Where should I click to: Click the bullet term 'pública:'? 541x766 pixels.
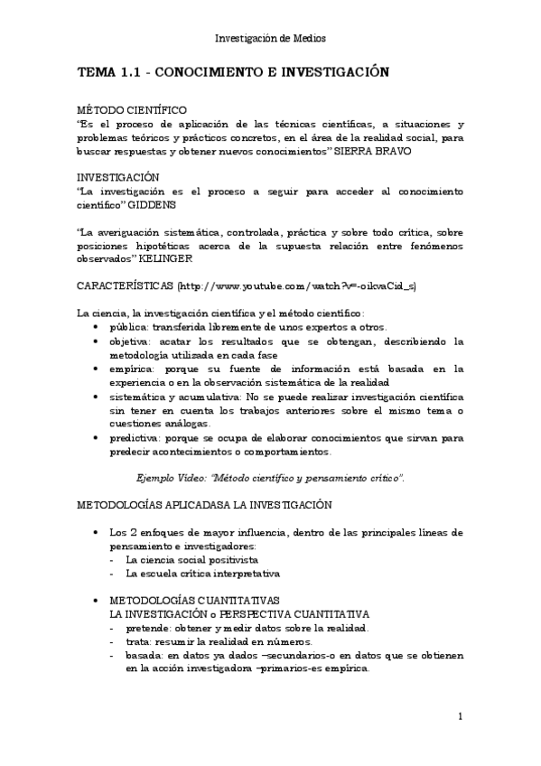point(130,327)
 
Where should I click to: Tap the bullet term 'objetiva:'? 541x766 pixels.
point(132,341)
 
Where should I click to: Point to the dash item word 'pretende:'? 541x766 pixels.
point(150,628)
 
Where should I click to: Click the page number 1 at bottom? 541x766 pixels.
point(461,717)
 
